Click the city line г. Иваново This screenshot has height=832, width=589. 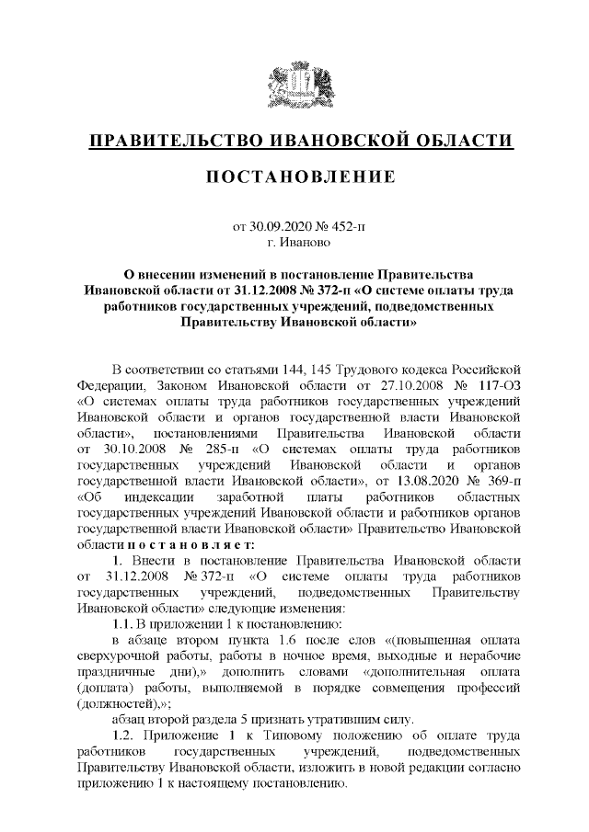tap(294, 241)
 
